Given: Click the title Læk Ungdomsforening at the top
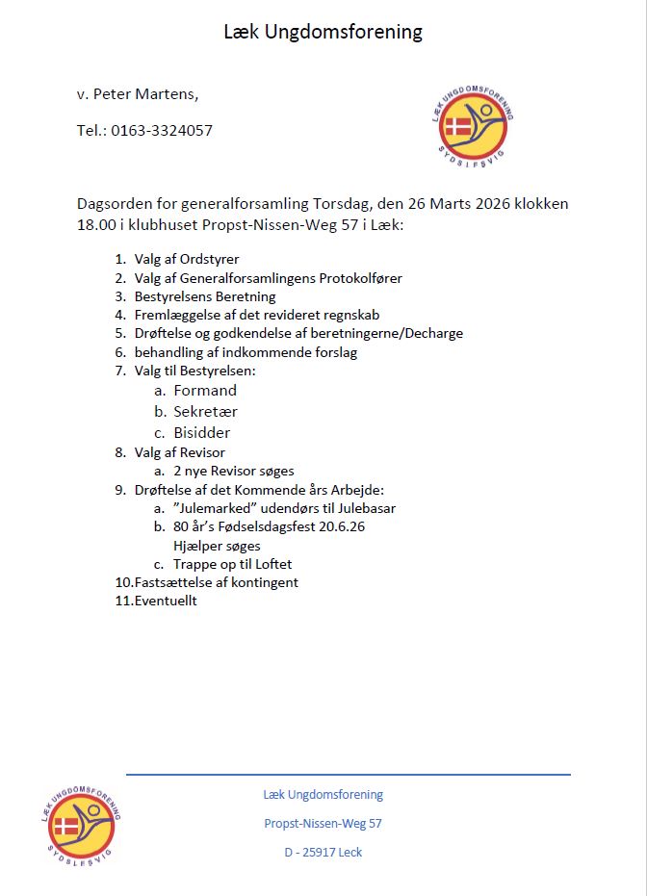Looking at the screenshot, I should click(323, 32).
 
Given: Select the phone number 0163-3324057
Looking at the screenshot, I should click(162, 130).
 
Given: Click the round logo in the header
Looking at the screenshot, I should click(472, 121).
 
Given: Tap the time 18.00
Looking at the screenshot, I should click(94, 224).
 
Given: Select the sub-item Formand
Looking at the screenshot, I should click(205, 391).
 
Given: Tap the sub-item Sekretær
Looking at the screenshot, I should click(205, 412).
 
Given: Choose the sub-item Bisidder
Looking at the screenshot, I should click(202, 433).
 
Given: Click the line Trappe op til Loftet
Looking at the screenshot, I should click(232, 564).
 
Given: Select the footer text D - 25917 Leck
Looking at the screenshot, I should click(323, 852).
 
